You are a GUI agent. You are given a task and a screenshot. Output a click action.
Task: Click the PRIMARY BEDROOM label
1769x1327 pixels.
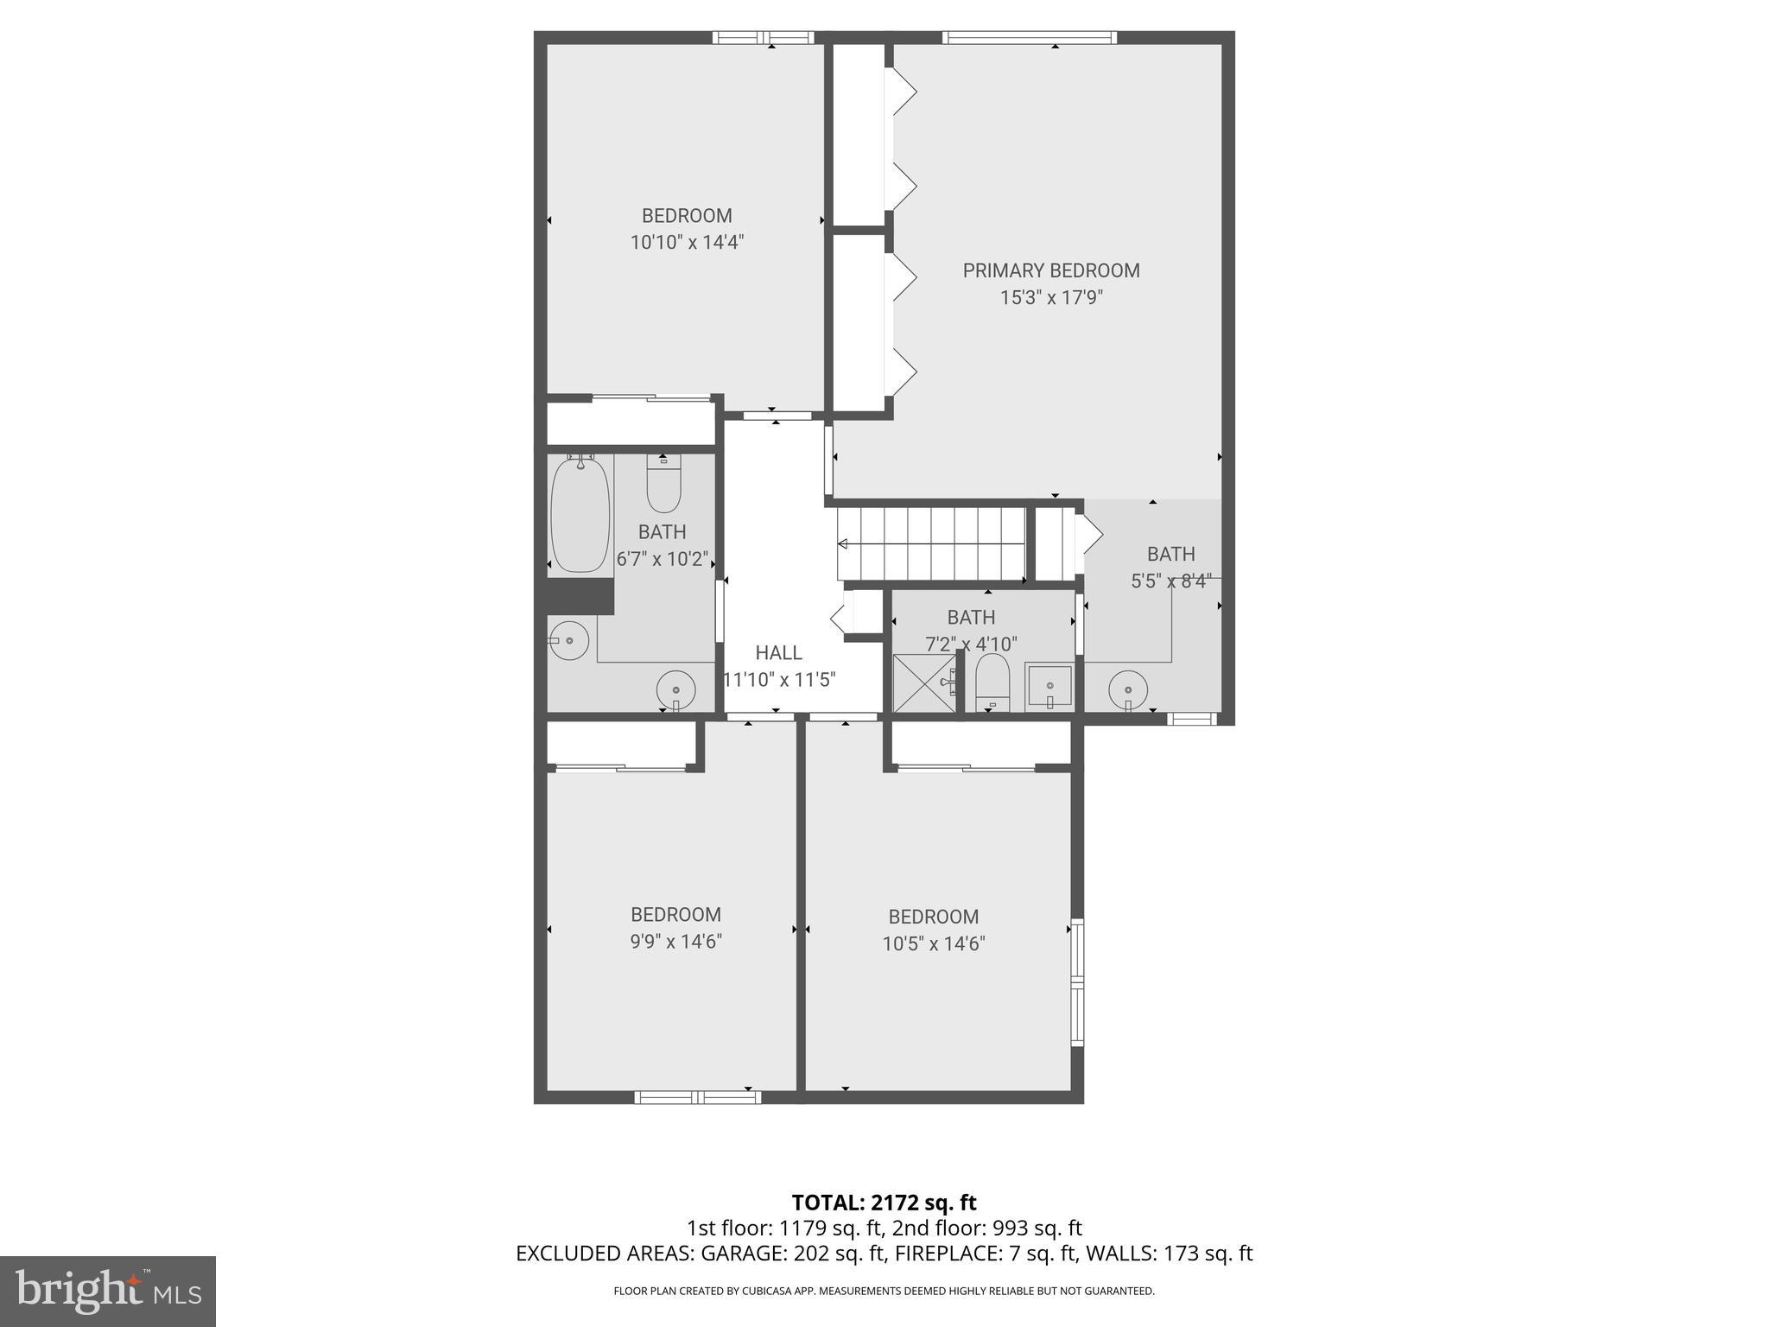point(1051,270)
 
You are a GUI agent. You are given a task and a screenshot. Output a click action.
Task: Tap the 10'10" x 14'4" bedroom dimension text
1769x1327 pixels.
point(687,242)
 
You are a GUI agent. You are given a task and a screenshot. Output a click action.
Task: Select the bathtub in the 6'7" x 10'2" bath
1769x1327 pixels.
point(580,515)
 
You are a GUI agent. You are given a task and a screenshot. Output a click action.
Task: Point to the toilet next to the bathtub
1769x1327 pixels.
point(663,486)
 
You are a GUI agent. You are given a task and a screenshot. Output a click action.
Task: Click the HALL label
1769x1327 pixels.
point(778,653)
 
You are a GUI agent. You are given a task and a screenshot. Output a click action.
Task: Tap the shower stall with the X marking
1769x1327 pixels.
point(923,683)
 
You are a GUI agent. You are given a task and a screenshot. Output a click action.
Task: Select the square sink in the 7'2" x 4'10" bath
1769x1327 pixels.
point(1049,687)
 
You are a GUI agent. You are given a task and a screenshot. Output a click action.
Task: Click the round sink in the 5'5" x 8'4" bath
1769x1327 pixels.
point(1128,689)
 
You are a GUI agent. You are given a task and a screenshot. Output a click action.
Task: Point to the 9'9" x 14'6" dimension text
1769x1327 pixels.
point(675,941)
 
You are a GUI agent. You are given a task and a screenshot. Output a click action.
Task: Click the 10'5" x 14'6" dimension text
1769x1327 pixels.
point(933,943)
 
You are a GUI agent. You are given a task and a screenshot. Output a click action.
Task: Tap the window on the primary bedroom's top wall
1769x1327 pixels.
point(1030,37)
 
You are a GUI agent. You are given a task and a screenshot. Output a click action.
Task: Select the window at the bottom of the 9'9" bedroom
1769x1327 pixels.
point(697,1097)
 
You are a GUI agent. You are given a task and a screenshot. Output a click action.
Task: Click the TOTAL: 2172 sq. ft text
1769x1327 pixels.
point(884,1203)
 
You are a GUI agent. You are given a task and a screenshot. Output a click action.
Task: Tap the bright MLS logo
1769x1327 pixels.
point(108,1291)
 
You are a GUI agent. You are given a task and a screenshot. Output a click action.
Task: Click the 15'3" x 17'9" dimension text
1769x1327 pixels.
point(1051,298)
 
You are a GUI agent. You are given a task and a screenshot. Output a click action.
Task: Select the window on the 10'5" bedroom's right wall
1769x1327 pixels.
point(1077,982)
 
